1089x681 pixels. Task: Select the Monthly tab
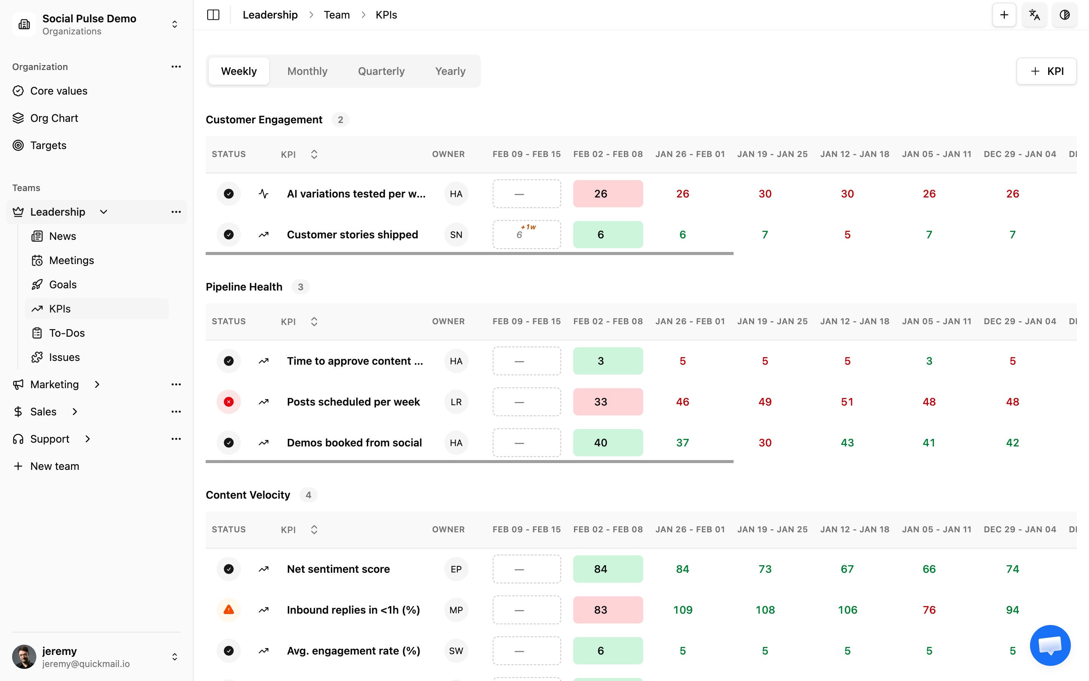click(x=307, y=71)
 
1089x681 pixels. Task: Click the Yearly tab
click(x=450, y=71)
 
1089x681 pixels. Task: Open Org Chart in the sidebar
click(x=54, y=118)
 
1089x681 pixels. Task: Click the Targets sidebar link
click(x=48, y=146)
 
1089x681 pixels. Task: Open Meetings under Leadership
click(x=71, y=260)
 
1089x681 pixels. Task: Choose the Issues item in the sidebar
click(x=64, y=357)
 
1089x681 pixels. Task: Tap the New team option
click(x=54, y=466)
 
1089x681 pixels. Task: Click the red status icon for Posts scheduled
click(x=229, y=402)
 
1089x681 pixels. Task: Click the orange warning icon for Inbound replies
click(x=229, y=610)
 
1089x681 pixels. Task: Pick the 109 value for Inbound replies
click(x=682, y=610)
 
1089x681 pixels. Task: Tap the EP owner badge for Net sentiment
click(x=456, y=569)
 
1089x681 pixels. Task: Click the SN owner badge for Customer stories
click(x=456, y=235)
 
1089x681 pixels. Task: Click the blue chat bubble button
click(x=1050, y=645)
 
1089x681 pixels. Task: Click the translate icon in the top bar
click(x=1034, y=15)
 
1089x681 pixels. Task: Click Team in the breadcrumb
click(x=337, y=15)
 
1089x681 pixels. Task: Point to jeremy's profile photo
click(x=24, y=657)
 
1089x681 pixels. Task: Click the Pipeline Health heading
click(x=244, y=287)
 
